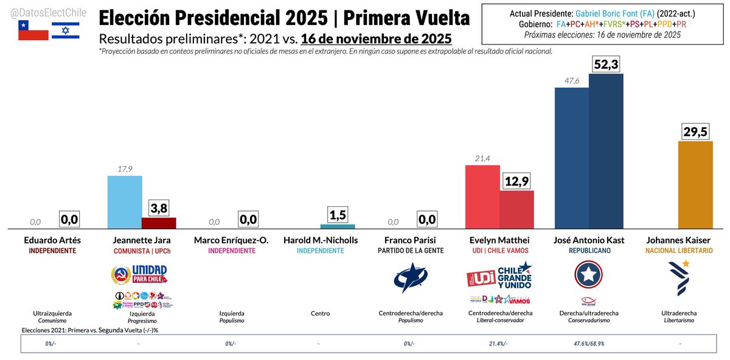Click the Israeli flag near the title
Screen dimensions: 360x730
65,30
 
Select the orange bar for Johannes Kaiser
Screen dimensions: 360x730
696,185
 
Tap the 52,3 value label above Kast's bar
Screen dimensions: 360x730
606,64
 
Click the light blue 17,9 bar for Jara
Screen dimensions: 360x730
125,202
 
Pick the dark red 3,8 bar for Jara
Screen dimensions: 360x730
159,223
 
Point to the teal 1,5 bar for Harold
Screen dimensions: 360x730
338,226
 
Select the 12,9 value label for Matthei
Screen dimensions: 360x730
516,181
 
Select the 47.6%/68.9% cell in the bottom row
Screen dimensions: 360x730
589,344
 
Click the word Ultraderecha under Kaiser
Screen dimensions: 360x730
679,313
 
